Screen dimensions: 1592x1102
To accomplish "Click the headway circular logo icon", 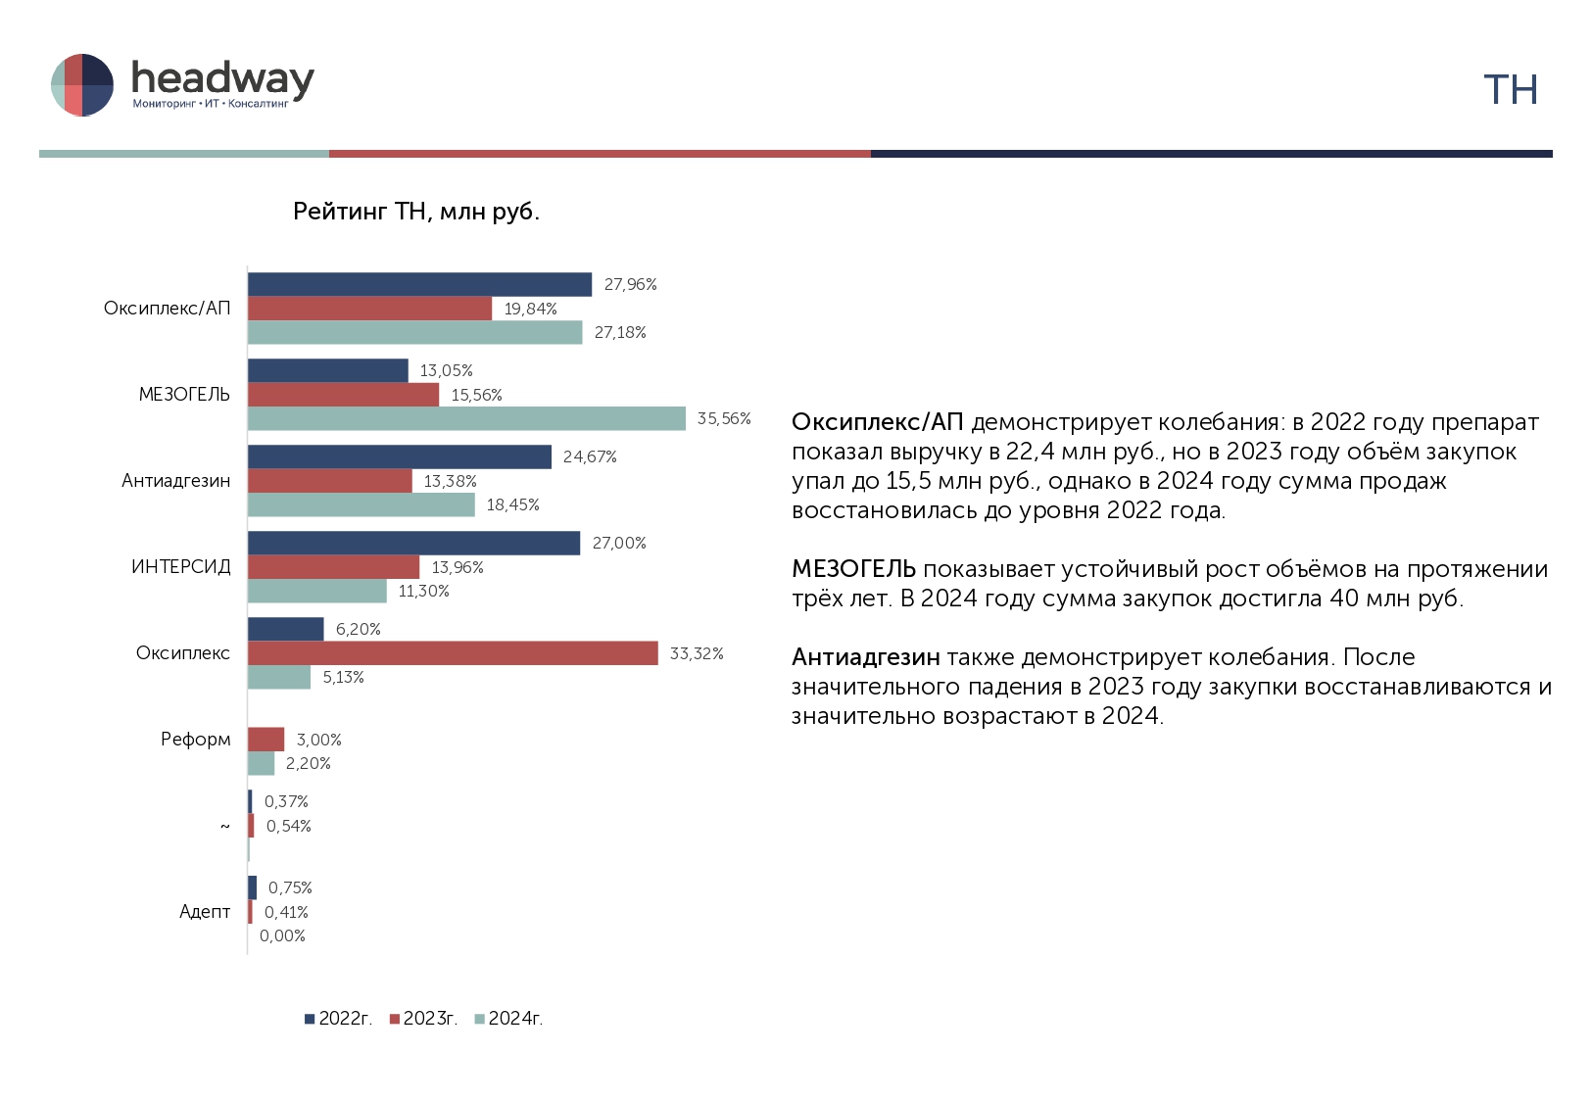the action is click(x=82, y=84).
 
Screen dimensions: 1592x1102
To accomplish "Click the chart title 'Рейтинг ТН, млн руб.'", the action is click(x=416, y=212).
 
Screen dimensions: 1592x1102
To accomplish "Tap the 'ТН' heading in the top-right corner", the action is click(x=1511, y=89).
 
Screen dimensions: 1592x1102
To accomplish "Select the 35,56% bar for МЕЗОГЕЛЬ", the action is click(x=467, y=418).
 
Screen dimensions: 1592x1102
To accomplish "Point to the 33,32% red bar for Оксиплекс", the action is click(x=453, y=653).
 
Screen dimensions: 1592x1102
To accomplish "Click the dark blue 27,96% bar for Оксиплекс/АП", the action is click(x=420, y=284).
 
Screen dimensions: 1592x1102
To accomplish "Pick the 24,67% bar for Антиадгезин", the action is click(x=400, y=456).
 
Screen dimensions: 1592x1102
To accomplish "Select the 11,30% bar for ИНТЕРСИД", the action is click(x=317, y=591).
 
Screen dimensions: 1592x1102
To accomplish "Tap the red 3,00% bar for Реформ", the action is click(x=265, y=740).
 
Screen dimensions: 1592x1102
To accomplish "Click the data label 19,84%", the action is click(x=530, y=310).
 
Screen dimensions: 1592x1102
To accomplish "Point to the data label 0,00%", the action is click(x=282, y=935).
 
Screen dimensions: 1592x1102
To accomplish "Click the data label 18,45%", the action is click(x=512, y=505).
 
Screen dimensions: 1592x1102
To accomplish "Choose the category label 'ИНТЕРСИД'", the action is click(x=181, y=567).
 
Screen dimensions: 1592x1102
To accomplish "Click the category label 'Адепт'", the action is click(x=205, y=912).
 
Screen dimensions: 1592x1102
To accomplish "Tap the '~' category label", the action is click(x=225, y=826).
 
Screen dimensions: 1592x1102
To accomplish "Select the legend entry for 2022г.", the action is click(x=338, y=1019).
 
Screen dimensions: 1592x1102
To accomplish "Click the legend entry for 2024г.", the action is click(x=508, y=1019).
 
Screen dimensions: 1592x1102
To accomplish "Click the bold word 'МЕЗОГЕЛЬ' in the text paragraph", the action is click(x=853, y=569).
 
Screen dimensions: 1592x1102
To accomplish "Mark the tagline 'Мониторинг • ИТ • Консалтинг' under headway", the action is click(x=211, y=104).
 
